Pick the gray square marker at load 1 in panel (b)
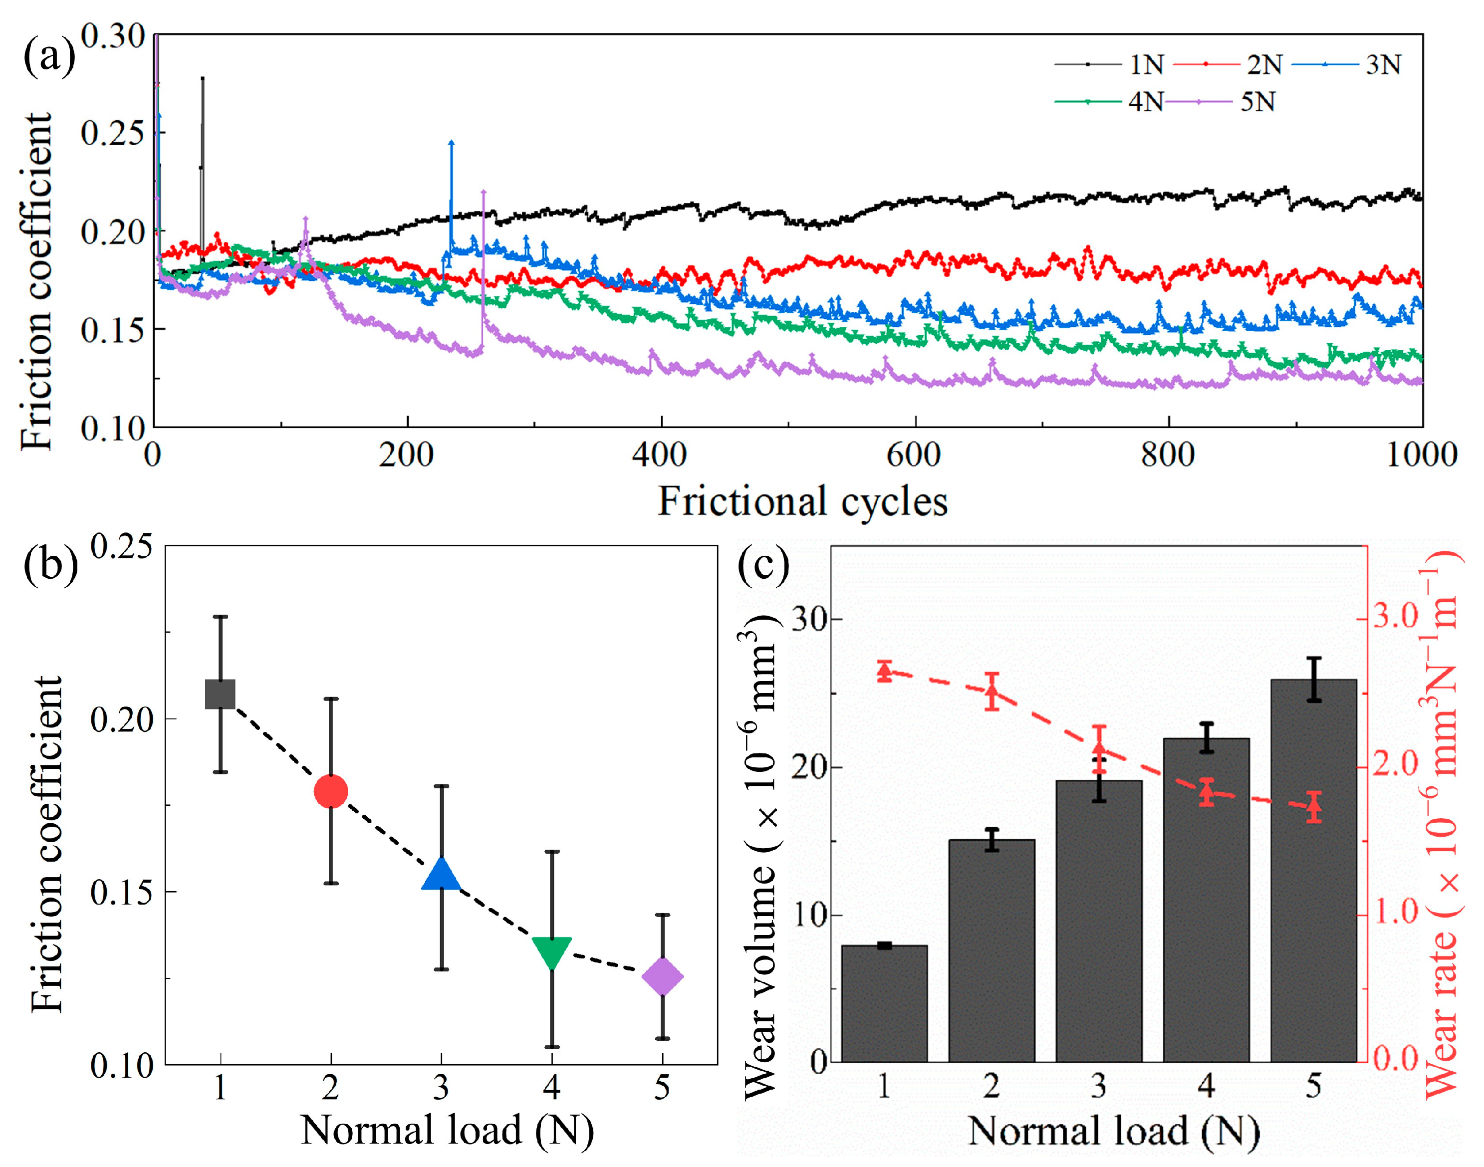(x=221, y=694)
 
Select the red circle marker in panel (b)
(x=331, y=791)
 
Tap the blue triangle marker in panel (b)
(x=442, y=875)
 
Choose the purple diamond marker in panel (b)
(x=663, y=976)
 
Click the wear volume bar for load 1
(x=884, y=1004)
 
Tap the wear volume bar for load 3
(x=1099, y=923)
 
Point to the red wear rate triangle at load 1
(x=884, y=673)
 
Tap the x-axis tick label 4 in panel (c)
(x=1206, y=1086)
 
